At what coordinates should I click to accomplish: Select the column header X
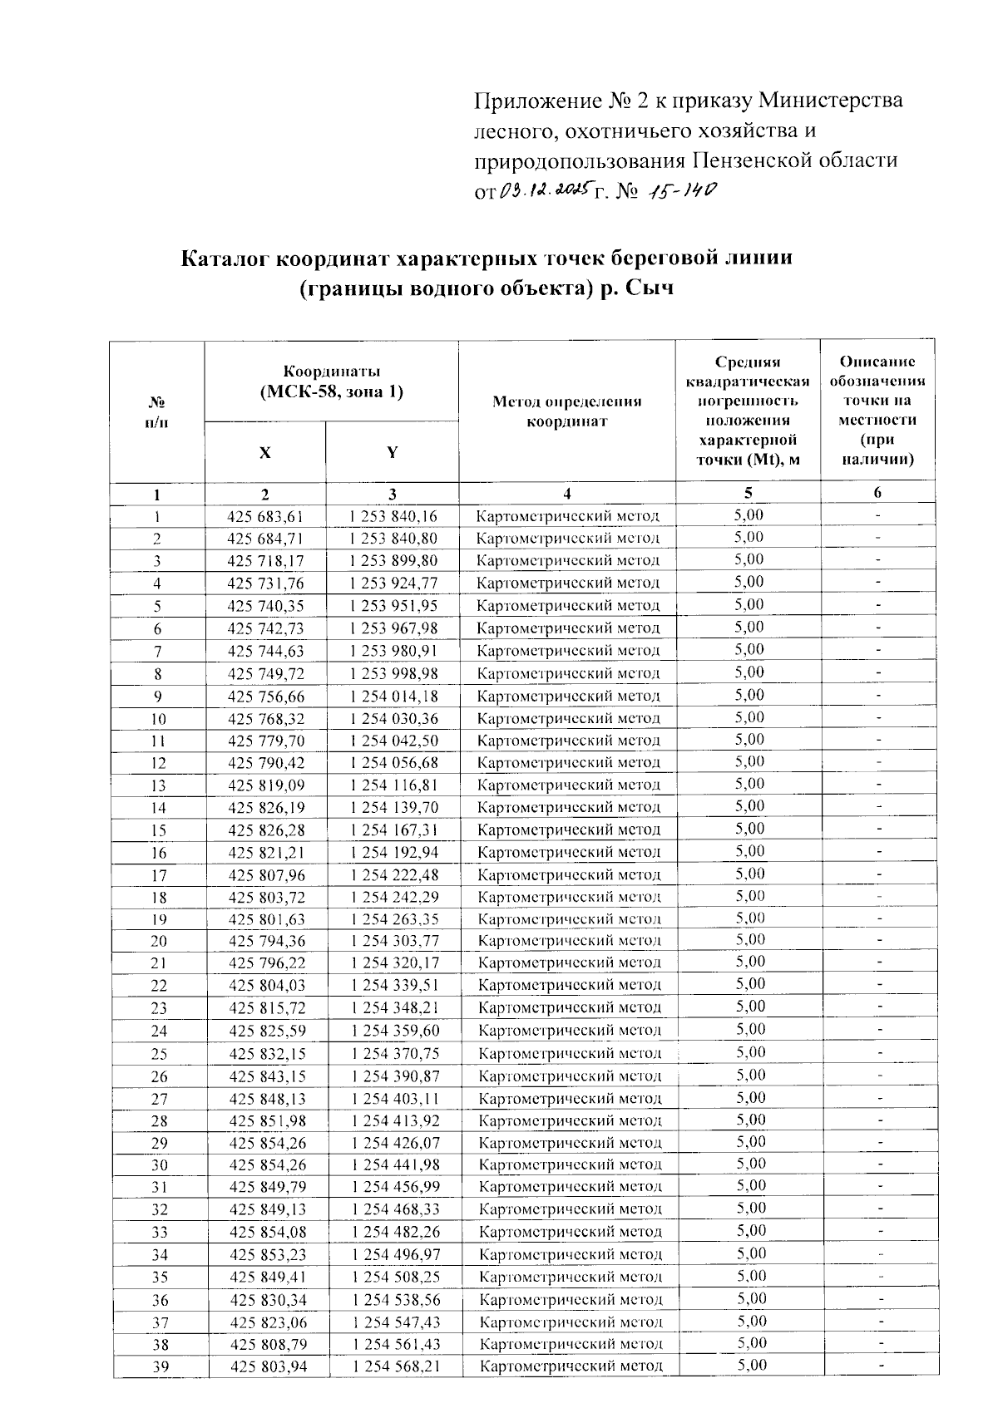click(x=264, y=453)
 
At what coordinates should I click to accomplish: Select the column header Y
click(x=392, y=453)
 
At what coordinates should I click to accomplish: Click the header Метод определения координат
click(x=566, y=411)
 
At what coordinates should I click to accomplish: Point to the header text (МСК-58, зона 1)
click(x=331, y=391)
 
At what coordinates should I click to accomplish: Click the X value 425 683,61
click(x=265, y=516)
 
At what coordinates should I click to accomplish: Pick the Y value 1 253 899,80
click(x=393, y=561)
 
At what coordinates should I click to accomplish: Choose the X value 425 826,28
click(x=266, y=830)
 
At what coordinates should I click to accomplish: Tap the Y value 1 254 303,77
click(x=394, y=941)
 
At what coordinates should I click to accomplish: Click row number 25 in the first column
click(x=158, y=1054)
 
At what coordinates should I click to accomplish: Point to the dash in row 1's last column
click(x=877, y=515)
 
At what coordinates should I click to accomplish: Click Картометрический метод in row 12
click(x=570, y=762)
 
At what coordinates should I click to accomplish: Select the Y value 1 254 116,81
click(x=394, y=785)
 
